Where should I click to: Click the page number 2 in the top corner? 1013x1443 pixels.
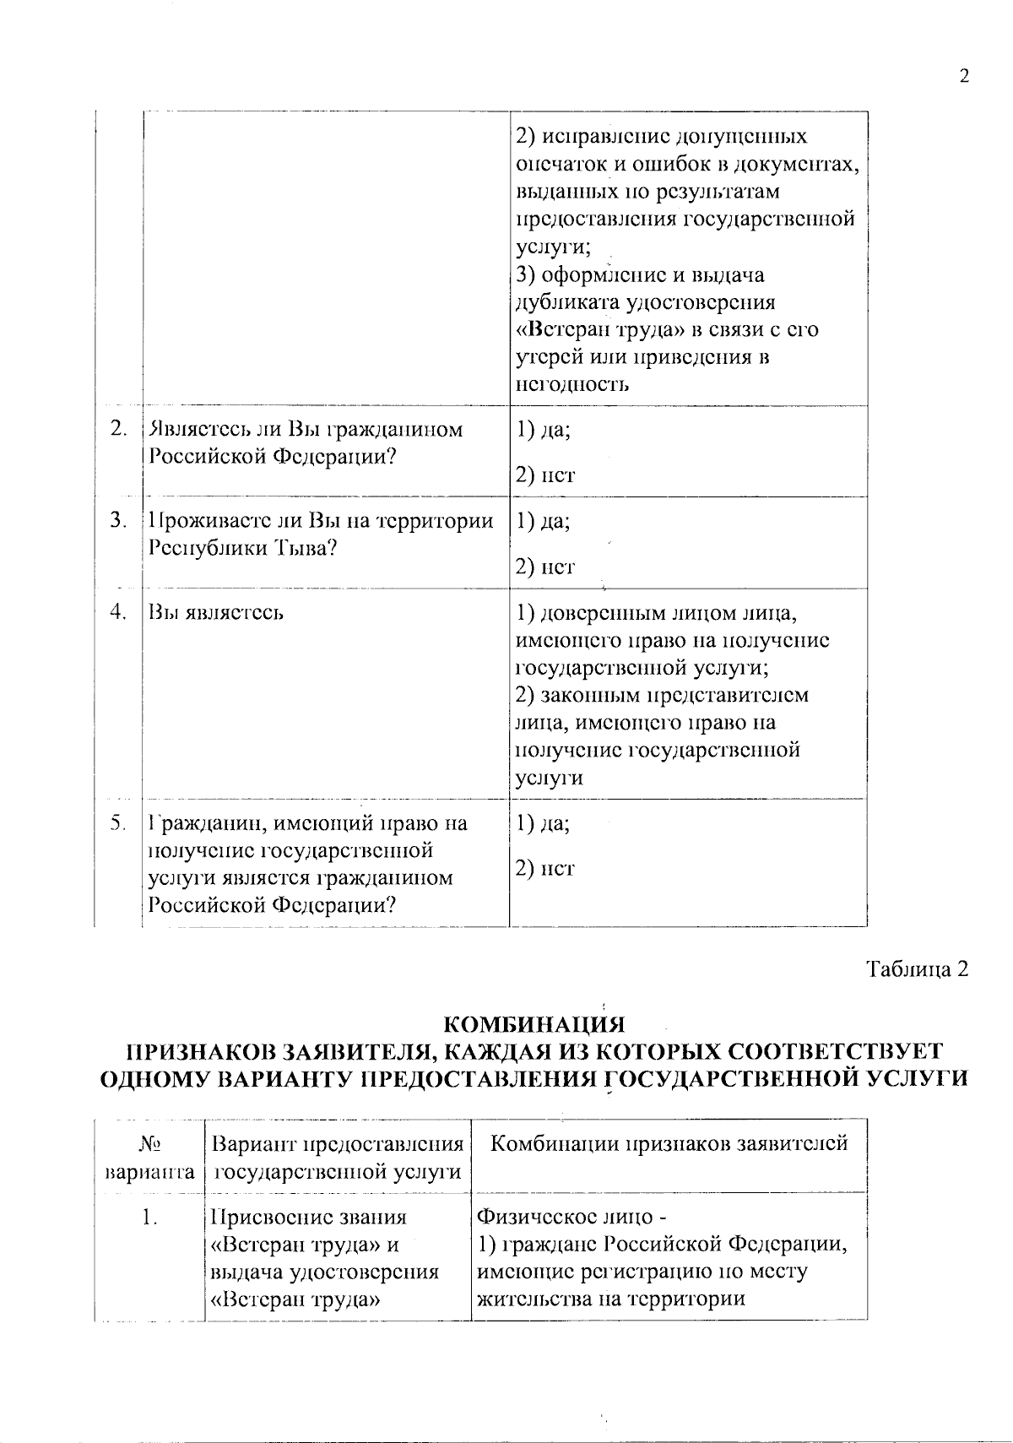963,77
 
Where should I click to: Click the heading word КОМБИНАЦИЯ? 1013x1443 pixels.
534,1025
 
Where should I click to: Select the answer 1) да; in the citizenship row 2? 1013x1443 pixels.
543,430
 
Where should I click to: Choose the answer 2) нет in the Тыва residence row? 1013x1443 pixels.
544,567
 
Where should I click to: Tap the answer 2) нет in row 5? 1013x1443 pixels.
544,868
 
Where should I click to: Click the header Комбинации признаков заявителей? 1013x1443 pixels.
669,1145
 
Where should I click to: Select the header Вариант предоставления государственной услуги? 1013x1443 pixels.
338,1158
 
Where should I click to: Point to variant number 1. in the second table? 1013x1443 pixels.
150,1218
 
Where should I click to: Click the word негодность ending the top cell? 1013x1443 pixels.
572,385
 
